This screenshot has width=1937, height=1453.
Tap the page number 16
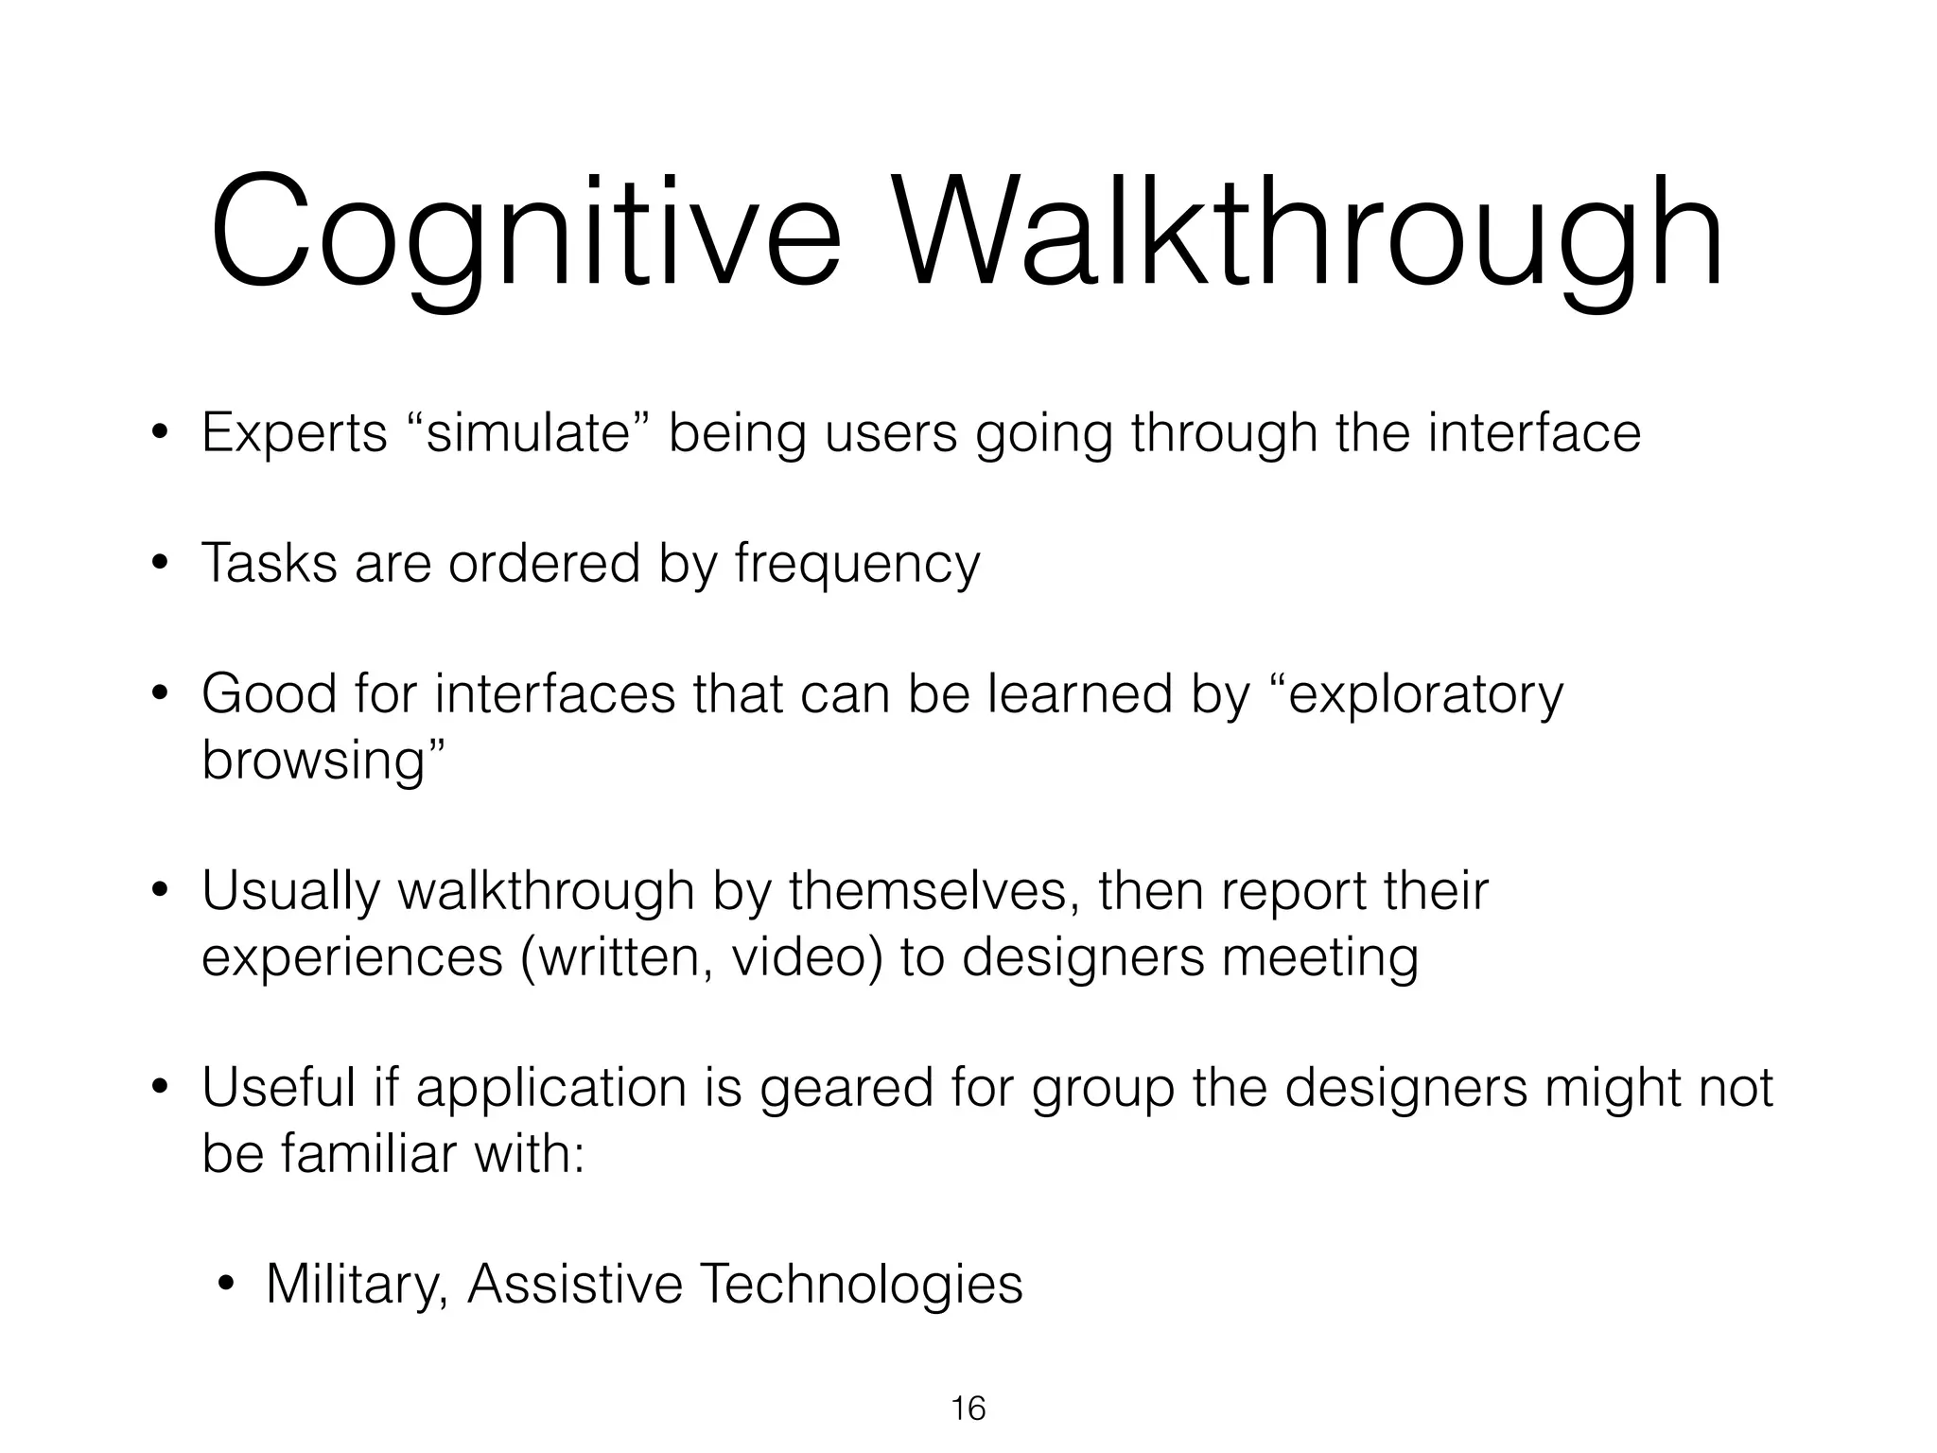968,1409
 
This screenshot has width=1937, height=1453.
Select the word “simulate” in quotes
528,433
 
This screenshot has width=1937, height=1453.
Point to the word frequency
857,565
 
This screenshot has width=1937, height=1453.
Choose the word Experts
294,433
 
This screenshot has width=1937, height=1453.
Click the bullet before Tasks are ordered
160,565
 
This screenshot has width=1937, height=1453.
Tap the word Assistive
575,1286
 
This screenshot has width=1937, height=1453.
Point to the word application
551,1088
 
